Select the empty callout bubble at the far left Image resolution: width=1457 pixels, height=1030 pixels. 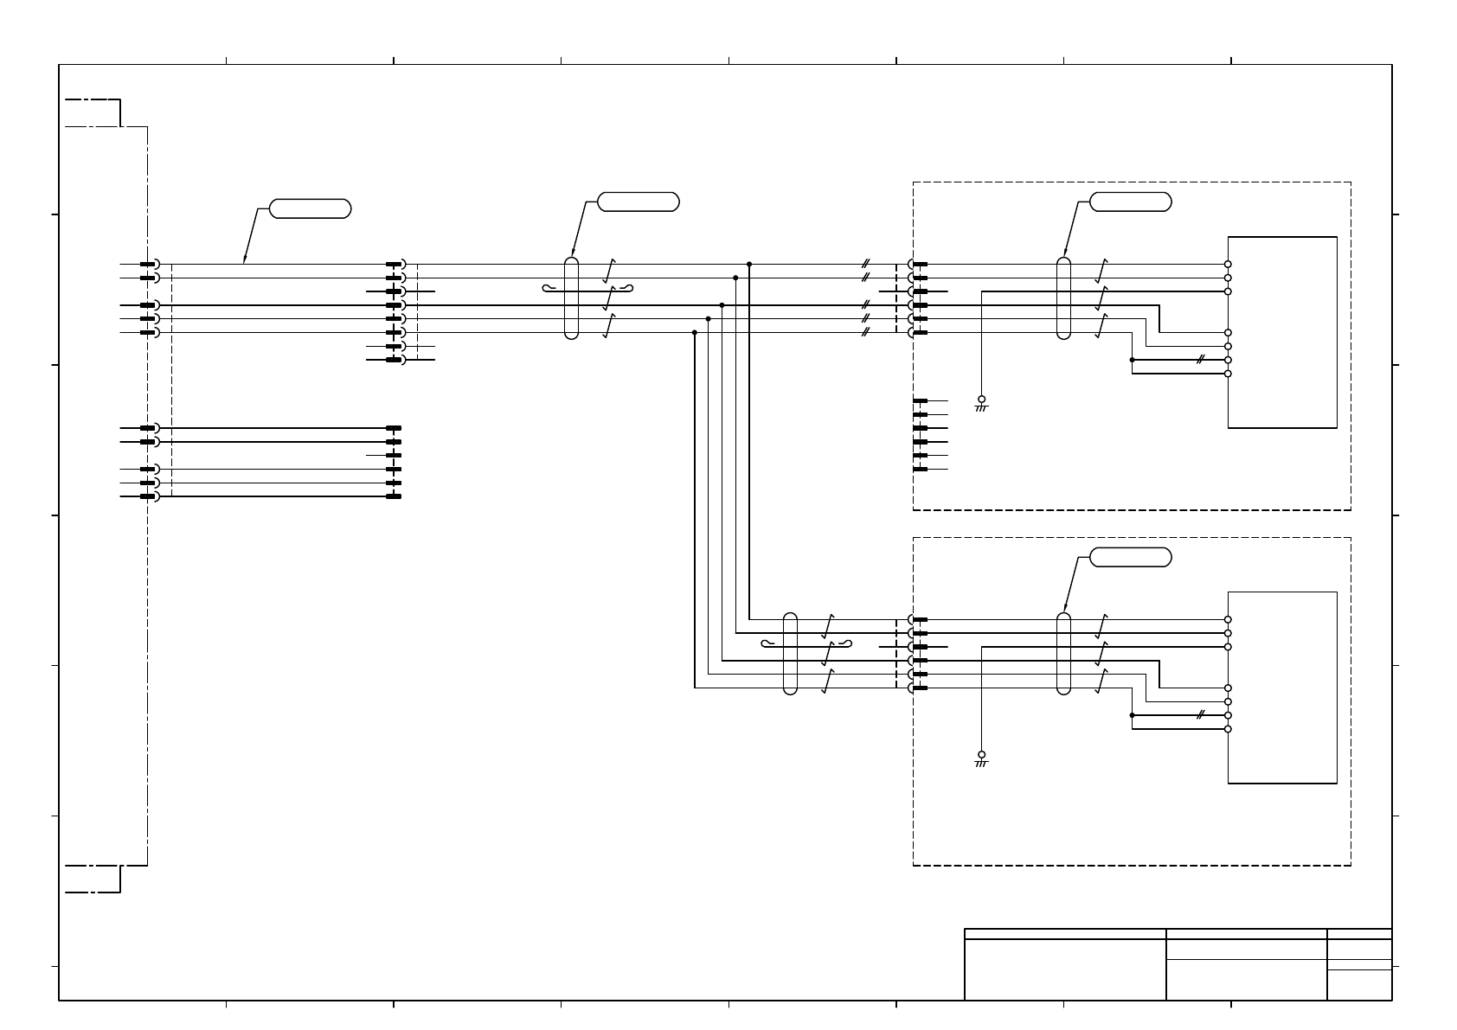(310, 208)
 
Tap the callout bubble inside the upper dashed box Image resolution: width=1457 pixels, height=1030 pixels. (1130, 202)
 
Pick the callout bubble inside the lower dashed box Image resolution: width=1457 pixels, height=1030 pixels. (1130, 558)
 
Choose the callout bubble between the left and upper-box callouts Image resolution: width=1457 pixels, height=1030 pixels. (638, 202)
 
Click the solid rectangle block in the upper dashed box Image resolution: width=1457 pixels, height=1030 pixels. (1282, 332)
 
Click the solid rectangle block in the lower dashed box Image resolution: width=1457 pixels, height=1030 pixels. (1282, 688)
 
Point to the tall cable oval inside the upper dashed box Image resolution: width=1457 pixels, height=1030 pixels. (1063, 297)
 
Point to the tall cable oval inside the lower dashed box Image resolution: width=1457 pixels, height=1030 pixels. (1063, 653)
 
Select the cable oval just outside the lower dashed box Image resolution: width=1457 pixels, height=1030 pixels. (789, 653)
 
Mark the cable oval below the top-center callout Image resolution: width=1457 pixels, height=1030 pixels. (570, 297)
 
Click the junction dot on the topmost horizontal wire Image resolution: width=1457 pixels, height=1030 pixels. (748, 264)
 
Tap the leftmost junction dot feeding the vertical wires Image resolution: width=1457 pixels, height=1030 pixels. (694, 332)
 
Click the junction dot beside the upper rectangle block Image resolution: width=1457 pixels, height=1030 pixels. (1132, 360)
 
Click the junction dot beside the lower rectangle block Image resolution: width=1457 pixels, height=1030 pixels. (1132, 715)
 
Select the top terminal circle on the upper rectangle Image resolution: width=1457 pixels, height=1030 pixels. (1228, 264)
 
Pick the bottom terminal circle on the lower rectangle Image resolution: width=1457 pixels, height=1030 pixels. (1228, 729)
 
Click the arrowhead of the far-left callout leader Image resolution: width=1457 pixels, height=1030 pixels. (245, 260)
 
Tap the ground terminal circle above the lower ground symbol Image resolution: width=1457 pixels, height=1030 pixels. (981, 754)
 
